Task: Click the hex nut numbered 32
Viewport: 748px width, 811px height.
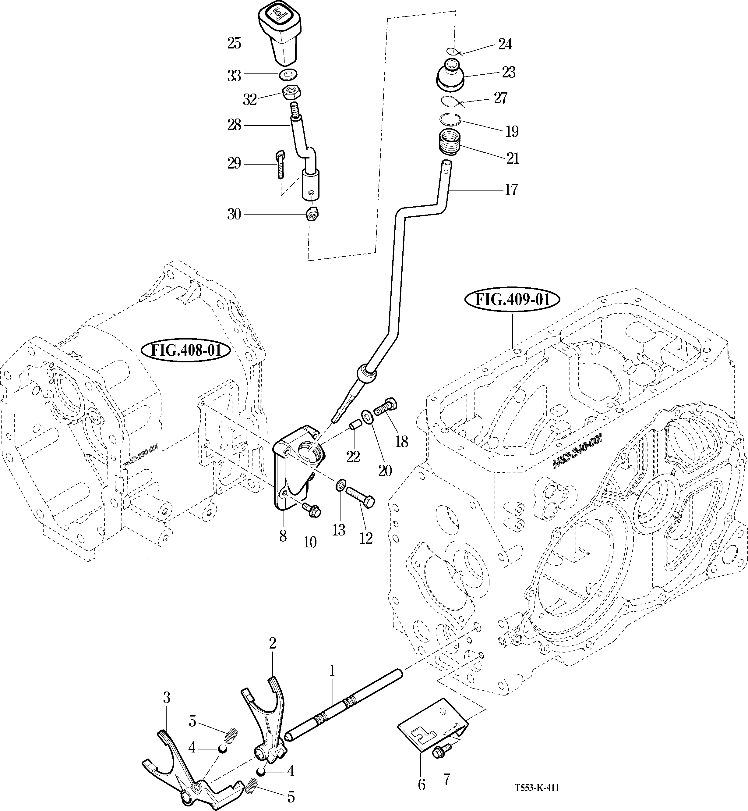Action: tap(291, 93)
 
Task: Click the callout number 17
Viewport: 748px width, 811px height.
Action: tap(511, 190)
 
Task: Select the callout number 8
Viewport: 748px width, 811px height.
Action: tap(283, 536)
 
